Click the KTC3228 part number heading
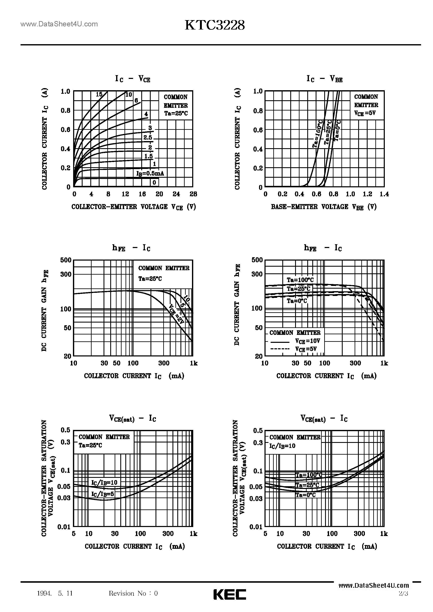pyautogui.click(x=214, y=26)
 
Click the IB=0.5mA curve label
pyautogui.click(x=150, y=174)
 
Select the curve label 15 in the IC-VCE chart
pyautogui.click(x=99, y=94)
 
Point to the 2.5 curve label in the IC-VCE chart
pyautogui.click(x=148, y=138)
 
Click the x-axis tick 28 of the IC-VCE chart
pyautogui.click(x=193, y=194)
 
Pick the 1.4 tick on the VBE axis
pyautogui.click(x=384, y=194)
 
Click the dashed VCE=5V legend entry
pyautogui.click(x=294, y=349)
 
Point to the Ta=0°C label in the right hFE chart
pyautogui.click(x=297, y=301)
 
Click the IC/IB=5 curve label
pyautogui.click(x=102, y=494)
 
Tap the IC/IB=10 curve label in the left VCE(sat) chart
pyautogui.click(x=104, y=482)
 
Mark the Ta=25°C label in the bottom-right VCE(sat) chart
pyautogui.click(x=307, y=485)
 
